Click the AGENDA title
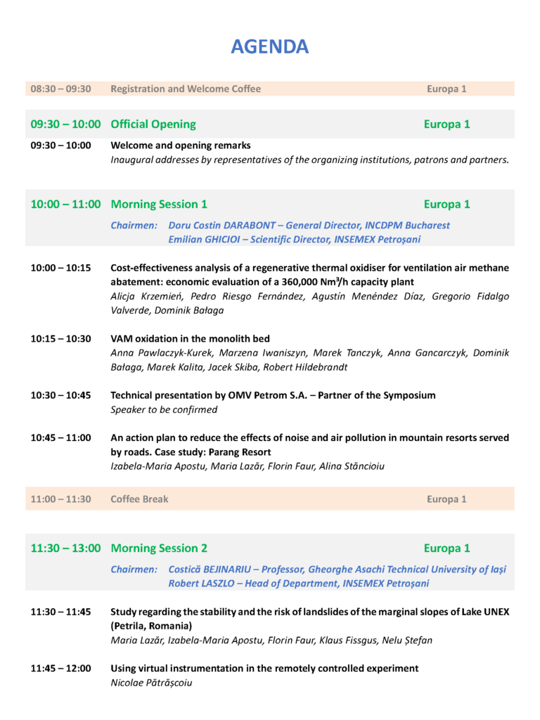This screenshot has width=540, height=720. tap(270, 47)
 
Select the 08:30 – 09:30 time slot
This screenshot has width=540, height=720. tap(60, 89)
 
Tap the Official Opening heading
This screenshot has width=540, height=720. tap(153, 124)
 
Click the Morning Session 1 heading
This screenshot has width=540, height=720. tap(159, 205)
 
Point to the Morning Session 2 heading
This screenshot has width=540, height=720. tap(159, 548)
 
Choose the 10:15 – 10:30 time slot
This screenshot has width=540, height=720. tap(60, 339)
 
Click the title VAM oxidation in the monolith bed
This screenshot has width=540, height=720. tap(190, 339)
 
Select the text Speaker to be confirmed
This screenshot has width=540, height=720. tap(164, 410)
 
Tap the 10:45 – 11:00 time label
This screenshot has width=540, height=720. tap(60, 437)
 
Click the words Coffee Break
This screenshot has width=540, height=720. tap(139, 499)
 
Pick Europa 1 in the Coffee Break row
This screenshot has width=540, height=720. tap(446, 499)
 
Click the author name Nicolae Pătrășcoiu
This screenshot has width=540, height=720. tap(151, 683)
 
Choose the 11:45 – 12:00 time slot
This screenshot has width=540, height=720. tap(60, 669)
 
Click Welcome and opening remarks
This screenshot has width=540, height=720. tap(181, 146)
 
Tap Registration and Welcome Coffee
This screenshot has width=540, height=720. tap(186, 89)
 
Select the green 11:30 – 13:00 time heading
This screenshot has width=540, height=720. tap(65, 548)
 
